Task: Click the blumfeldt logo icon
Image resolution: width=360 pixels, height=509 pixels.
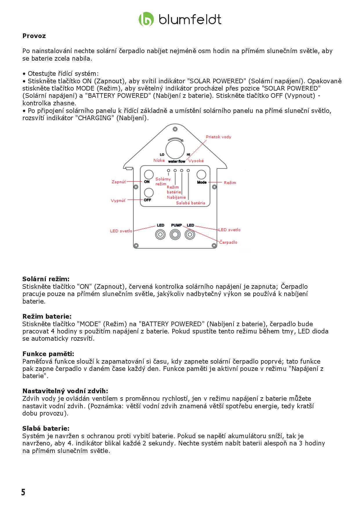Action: [146, 19]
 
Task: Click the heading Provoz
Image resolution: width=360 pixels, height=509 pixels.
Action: [34, 36]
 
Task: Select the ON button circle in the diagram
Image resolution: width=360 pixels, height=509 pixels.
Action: [149, 174]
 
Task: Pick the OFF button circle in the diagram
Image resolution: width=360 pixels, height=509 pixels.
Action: [149, 193]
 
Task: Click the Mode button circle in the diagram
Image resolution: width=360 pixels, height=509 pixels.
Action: [201, 174]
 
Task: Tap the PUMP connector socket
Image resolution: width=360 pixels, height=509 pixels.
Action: [175, 234]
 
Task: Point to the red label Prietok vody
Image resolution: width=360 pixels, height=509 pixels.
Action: [218, 137]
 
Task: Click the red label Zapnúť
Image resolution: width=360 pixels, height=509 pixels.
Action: [119, 182]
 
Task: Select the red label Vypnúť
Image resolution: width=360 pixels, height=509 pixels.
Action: [118, 201]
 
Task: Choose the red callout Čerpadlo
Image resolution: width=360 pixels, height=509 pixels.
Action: [228, 242]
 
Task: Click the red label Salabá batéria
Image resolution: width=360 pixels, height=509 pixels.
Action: [191, 203]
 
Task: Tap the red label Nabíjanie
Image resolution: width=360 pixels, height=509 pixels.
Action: [176, 197]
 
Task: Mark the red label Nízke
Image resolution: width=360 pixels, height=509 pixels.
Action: [159, 160]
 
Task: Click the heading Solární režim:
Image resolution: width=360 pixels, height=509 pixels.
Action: [46, 279]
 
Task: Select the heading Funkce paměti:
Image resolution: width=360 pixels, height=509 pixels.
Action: [48, 354]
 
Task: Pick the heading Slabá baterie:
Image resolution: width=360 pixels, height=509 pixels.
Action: [46, 429]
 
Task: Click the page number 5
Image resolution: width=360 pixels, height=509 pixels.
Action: [23, 492]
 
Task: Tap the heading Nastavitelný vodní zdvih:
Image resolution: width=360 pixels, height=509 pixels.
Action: [65, 391]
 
